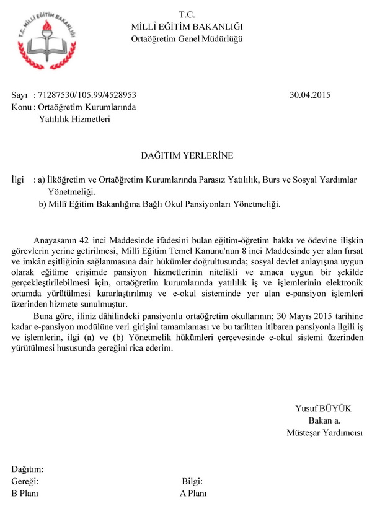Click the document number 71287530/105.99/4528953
click(x=87, y=95)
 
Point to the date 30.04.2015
click(x=310, y=95)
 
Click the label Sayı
click(x=20, y=95)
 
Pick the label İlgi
click(x=19, y=180)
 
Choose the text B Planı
click(x=25, y=494)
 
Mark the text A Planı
click(x=193, y=494)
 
